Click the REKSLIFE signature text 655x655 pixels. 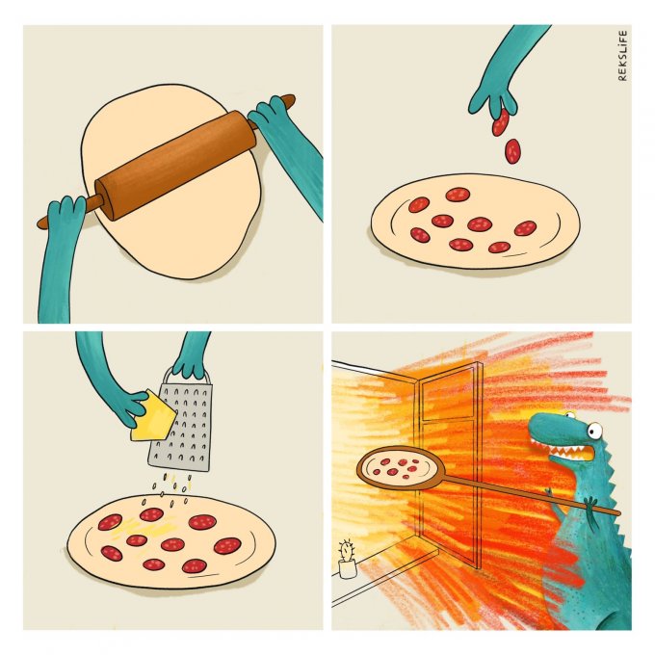[x=622, y=55]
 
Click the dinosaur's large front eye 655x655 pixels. [x=595, y=431]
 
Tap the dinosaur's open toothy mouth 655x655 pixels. [x=567, y=450]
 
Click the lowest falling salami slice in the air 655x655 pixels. [x=512, y=151]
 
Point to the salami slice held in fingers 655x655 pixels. [x=501, y=121]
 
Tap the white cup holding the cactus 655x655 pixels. [x=347, y=569]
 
